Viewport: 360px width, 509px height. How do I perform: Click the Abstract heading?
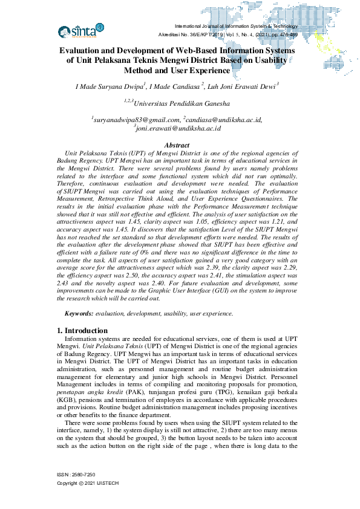(177, 145)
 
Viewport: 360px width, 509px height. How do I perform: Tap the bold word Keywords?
(79, 314)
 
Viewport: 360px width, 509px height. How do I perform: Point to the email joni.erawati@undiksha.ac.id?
(178, 128)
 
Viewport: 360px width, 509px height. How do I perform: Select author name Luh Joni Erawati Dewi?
(241, 86)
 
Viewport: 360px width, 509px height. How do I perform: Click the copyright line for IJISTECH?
(87, 484)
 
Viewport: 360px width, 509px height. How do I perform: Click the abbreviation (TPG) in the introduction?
(188, 393)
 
